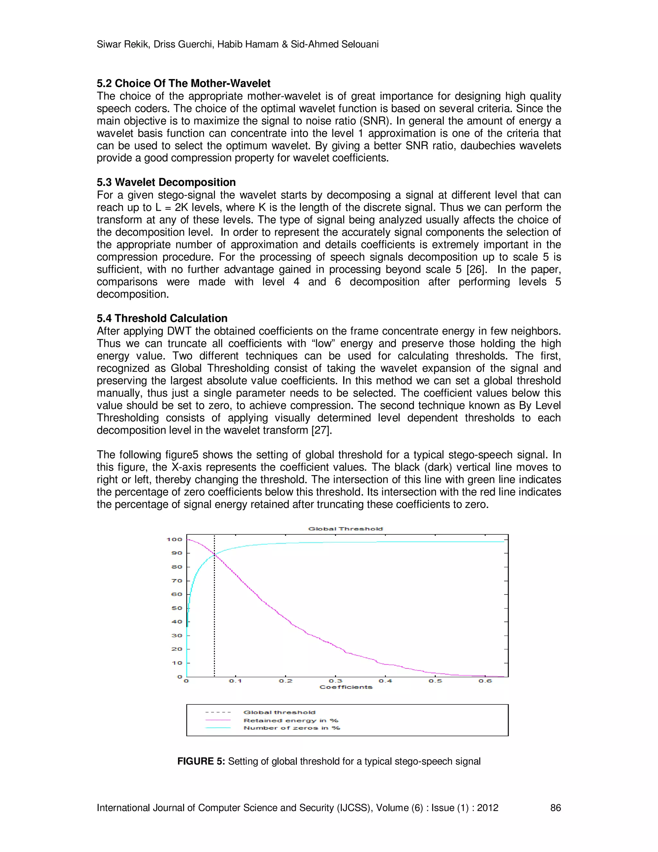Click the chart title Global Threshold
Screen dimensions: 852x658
(345, 529)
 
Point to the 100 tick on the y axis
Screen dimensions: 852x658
(174, 539)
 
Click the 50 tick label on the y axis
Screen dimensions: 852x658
(177, 608)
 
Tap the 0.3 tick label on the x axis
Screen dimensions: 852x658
(335, 681)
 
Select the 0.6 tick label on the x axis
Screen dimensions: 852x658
(485, 681)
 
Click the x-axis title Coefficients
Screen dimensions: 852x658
(346, 687)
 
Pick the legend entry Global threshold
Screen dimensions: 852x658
(280, 712)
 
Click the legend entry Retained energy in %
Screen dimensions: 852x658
(291, 721)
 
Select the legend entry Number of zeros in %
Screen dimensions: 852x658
(292, 728)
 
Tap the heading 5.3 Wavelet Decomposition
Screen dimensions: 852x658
(166, 182)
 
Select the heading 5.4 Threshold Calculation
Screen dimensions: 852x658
(162, 318)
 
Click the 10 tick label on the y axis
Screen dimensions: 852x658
(177, 663)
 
